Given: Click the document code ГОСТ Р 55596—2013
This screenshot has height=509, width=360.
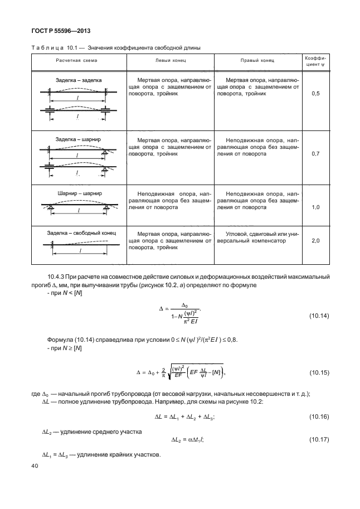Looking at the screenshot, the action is [x=61, y=31].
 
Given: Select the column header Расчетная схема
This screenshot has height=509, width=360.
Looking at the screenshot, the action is [x=76, y=60].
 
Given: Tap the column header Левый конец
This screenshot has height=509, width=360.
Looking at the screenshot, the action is [x=171, y=60].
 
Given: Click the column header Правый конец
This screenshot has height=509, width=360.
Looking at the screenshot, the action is [x=257, y=60].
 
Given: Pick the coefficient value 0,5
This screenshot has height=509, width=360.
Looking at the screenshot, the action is [x=315, y=94].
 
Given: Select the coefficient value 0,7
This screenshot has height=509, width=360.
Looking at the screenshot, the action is [x=315, y=153].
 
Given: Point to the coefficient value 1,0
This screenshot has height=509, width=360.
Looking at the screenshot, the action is [x=315, y=207].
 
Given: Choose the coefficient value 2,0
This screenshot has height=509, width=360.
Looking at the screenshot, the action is [x=315, y=240].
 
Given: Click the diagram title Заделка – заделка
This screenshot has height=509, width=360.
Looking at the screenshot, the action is [x=79, y=80].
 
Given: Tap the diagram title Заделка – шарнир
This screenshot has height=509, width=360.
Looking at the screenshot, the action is [x=78, y=139].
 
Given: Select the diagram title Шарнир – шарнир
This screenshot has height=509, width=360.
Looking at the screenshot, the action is [x=80, y=193].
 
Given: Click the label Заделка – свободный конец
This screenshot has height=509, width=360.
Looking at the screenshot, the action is [x=81, y=232].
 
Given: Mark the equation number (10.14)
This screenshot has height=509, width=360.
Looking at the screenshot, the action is [x=319, y=316].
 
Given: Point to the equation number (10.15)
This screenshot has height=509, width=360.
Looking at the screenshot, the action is [x=319, y=372].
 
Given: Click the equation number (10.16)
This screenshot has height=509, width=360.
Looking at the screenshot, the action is [x=319, y=417].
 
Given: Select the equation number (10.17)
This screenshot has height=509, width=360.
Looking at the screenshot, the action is [x=319, y=439].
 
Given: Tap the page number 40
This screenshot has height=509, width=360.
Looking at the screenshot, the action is [x=35, y=466].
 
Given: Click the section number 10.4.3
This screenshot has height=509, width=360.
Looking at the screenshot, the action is [x=56, y=277].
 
